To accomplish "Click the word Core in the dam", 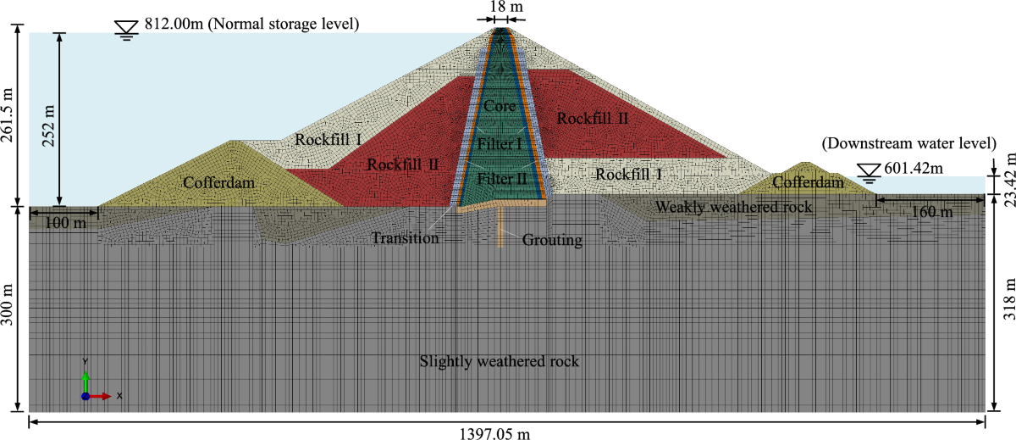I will coord(500,107).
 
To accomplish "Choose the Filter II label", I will coord(502,179).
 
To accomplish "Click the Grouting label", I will coord(552,240).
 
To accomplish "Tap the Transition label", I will coord(405,238).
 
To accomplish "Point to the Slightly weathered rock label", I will coord(500,362).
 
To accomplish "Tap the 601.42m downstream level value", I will coord(914,170).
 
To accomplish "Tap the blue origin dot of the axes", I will coord(85,396).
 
